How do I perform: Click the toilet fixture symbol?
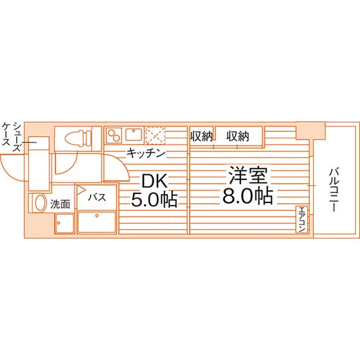[78, 138]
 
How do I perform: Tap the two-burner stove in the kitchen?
[114, 135]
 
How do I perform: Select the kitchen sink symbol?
[134, 134]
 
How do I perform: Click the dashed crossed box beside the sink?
[156, 135]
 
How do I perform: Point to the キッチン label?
[146, 153]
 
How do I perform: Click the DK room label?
[154, 181]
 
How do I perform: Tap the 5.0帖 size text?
[154, 199]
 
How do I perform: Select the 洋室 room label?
[248, 175]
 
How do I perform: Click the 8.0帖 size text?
[248, 196]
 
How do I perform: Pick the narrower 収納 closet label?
[201, 136]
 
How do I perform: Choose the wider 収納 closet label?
[238, 136]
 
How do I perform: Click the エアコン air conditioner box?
[301, 219]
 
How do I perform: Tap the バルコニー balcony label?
[334, 190]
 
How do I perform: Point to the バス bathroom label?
[97, 197]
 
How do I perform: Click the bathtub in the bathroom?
[96, 222]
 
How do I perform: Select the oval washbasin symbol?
[40, 203]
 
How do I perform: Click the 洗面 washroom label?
[60, 204]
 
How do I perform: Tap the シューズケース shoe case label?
[12, 137]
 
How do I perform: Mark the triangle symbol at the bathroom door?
[81, 190]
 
